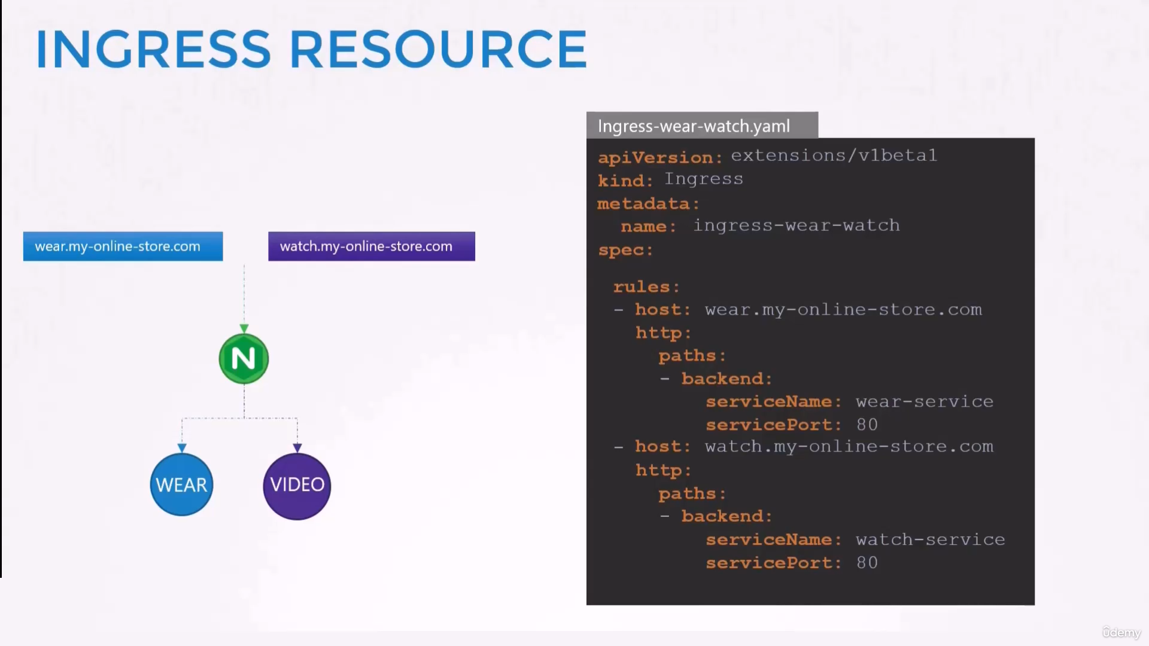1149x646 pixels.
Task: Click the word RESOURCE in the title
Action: click(439, 49)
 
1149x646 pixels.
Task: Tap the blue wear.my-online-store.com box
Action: click(123, 246)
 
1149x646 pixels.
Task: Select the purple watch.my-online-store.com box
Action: click(372, 246)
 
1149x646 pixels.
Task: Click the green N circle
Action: click(244, 359)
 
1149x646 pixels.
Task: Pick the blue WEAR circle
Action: click(181, 484)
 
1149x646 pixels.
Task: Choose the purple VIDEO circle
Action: click(297, 486)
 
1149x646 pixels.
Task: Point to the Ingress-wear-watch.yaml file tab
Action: click(702, 126)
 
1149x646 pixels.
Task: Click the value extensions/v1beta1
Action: click(834, 156)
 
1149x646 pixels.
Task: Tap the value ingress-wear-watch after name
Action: click(797, 226)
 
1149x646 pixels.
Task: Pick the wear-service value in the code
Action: click(925, 401)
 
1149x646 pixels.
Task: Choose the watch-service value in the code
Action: click(931, 540)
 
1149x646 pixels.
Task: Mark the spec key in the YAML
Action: click(625, 251)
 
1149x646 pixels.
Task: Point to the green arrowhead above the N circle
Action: click(244, 328)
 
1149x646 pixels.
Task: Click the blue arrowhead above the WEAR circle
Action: click(182, 448)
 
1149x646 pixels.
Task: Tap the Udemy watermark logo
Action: click(1121, 632)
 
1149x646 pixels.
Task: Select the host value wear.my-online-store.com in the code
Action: click(843, 310)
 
